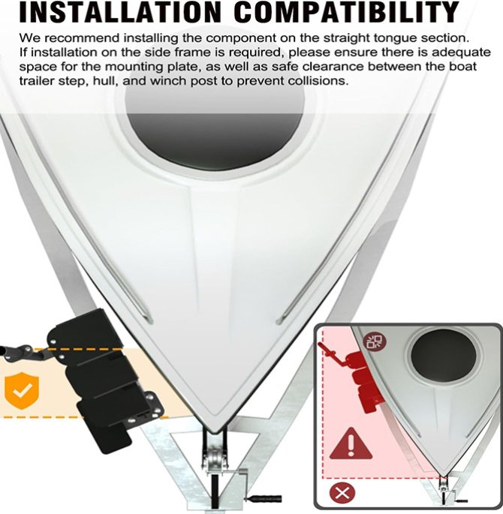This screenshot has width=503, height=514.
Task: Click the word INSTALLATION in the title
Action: click(x=120, y=12)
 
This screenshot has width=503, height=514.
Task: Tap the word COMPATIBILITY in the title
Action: click(x=347, y=12)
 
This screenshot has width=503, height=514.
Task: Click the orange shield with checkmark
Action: click(x=22, y=390)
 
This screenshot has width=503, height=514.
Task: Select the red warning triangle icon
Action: click(x=351, y=444)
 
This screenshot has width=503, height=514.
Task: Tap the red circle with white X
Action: click(x=342, y=493)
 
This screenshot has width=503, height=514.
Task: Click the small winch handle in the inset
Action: click(x=462, y=501)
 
